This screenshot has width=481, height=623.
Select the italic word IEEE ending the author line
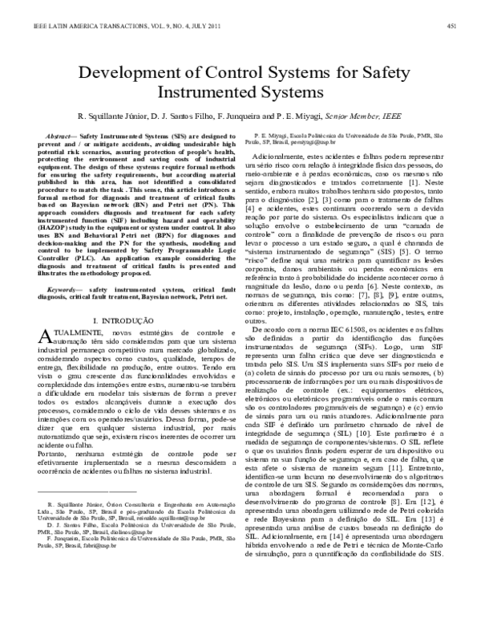388,116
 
